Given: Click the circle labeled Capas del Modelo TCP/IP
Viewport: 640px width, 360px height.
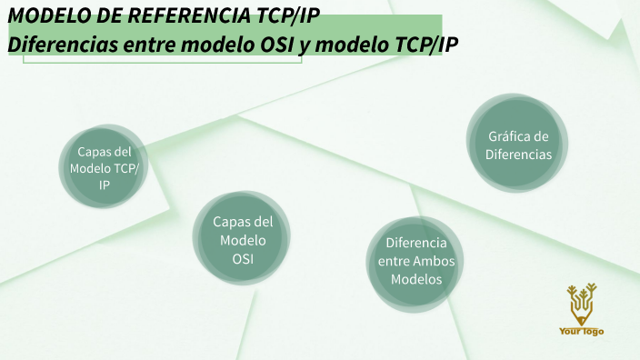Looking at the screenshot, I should (105, 169).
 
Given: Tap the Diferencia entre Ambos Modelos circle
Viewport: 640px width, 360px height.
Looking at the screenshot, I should (415, 262).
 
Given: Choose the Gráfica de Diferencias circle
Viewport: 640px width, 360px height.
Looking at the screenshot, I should (518, 145).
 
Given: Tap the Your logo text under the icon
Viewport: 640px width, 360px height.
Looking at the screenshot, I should (581, 331).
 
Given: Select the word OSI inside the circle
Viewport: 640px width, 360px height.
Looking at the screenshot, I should (243, 259).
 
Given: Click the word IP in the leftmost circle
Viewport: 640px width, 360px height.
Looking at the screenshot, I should (105, 185).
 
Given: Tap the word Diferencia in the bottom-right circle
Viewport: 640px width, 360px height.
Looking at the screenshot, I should (416, 244).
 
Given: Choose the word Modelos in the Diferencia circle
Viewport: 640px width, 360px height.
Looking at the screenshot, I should (416, 280).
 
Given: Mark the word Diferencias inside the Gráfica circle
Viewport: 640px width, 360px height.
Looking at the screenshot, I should (518, 155).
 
